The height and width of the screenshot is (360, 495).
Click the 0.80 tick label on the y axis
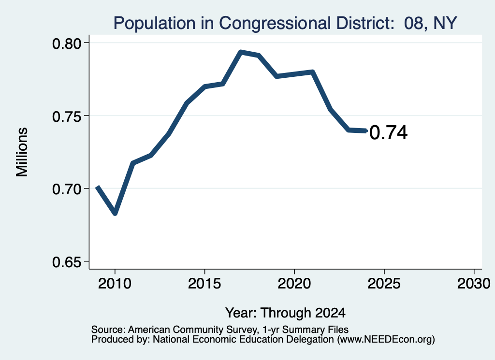67,43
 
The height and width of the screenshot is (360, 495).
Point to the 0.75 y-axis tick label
67,117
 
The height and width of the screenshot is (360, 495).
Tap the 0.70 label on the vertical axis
67,189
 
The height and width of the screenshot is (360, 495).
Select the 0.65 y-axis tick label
67,262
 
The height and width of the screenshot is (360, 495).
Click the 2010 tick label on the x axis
115,284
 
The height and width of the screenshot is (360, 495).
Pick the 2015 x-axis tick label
204,284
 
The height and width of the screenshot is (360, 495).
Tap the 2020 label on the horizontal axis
294,284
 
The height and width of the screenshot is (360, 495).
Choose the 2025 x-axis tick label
384,284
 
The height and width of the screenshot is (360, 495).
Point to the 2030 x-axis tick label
474,284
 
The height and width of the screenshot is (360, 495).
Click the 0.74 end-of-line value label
388,132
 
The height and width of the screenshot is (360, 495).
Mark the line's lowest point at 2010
115,214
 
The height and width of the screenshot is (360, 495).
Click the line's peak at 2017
241,52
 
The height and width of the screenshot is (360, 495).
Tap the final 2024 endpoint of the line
366,130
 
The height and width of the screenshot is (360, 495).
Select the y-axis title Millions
22,152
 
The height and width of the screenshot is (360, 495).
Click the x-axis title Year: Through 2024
285,313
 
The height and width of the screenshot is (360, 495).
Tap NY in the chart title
445,23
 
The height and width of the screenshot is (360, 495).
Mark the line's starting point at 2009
97,187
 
